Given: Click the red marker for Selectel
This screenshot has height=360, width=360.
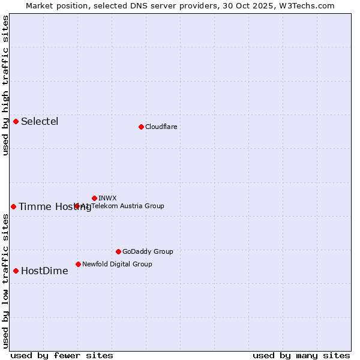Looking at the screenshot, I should click(16, 122).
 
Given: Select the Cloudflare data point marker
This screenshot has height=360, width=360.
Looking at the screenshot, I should click(141, 127).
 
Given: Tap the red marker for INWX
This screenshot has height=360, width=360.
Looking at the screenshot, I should click(94, 198).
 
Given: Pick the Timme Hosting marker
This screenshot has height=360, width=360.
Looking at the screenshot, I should click(13, 206).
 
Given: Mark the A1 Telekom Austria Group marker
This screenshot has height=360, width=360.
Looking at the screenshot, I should click(77, 206).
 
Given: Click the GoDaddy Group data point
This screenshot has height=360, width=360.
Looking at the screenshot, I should click(118, 251).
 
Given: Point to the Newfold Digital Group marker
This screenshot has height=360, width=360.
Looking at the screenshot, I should click(78, 264).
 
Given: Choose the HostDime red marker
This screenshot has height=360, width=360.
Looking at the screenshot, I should click(16, 271).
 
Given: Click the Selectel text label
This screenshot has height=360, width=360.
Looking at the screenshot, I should click(40, 122).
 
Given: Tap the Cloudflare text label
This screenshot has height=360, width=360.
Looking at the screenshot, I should click(161, 127).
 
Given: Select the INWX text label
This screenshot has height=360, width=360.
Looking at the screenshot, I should click(107, 198).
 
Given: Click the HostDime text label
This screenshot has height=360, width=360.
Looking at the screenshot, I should click(44, 271).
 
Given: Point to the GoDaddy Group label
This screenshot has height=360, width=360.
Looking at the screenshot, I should click(148, 251).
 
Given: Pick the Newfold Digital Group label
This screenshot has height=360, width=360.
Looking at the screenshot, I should click(117, 264).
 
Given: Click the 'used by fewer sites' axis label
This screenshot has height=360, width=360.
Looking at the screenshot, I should click(62, 355).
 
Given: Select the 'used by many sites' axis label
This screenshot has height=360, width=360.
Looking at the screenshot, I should click(301, 355).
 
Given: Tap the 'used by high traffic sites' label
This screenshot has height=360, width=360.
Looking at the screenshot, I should click(5, 85).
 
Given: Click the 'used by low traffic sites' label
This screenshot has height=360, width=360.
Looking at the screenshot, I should click(5, 281).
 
